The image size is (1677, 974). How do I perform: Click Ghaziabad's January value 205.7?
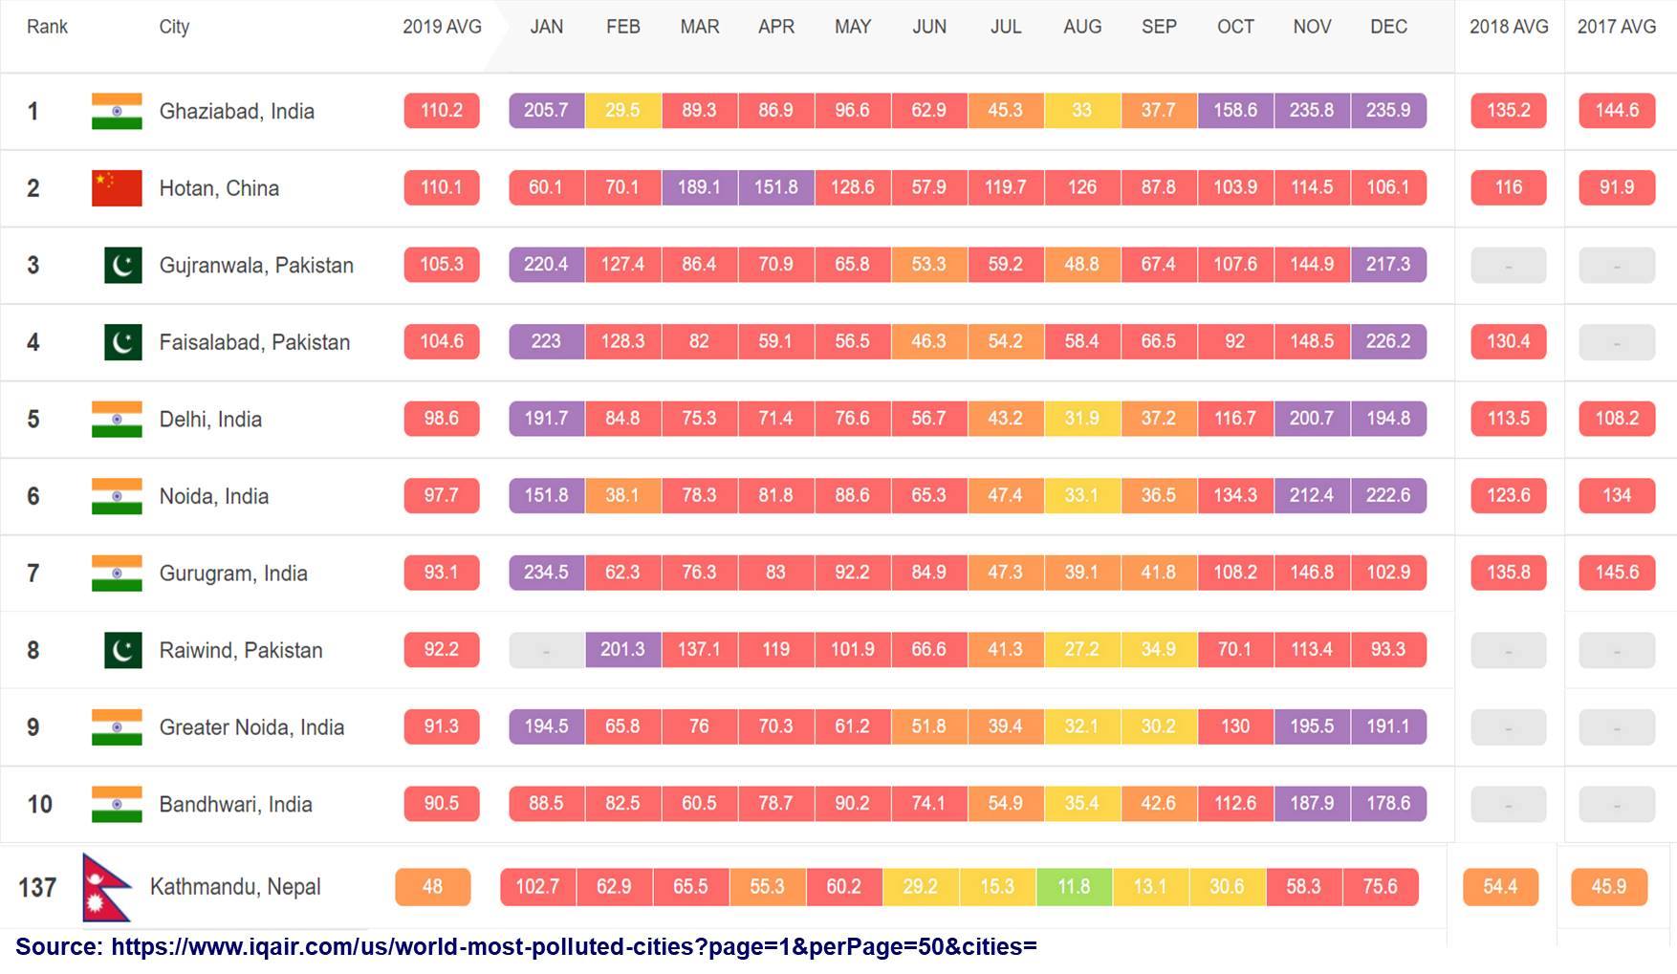click(x=546, y=110)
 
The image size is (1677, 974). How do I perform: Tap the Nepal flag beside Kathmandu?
click(x=105, y=887)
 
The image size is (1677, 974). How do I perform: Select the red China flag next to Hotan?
click(x=117, y=188)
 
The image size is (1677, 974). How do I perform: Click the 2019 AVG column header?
click(x=442, y=27)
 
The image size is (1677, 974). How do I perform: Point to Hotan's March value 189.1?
click(x=699, y=187)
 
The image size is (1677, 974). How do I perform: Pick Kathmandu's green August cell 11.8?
click(x=1074, y=887)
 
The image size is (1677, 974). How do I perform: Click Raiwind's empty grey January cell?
click(x=546, y=650)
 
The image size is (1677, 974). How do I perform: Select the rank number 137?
click(x=37, y=888)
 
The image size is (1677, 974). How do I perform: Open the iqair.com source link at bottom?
click(x=574, y=947)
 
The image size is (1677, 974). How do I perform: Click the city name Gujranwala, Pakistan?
click(x=256, y=265)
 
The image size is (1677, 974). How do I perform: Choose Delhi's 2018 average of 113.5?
click(x=1508, y=419)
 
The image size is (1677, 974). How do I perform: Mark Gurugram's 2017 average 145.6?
click(x=1616, y=573)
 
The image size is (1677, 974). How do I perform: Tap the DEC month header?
click(x=1388, y=27)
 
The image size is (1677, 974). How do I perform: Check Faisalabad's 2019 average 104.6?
click(x=442, y=341)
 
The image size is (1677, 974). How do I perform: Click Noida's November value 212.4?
click(x=1311, y=495)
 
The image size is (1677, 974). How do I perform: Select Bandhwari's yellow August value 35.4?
click(x=1081, y=804)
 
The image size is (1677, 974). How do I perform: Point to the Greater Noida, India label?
click(x=251, y=727)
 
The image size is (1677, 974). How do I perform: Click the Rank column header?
click(x=47, y=27)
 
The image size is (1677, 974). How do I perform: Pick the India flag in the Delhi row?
click(x=117, y=419)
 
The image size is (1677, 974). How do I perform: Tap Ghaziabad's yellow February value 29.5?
click(x=622, y=110)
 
